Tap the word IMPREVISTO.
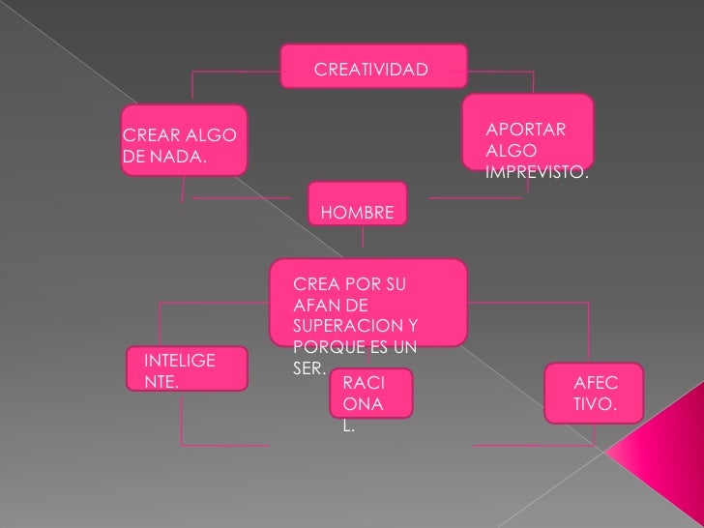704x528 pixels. pos(538,172)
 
